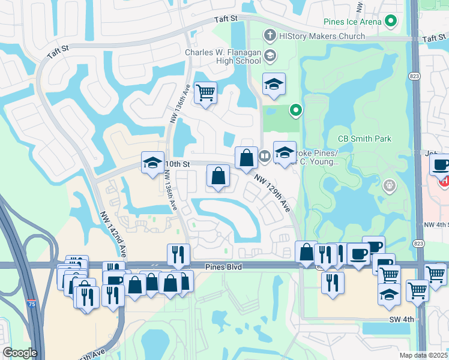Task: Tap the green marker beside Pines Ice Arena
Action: (x=391, y=22)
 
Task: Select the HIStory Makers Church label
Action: (x=322, y=36)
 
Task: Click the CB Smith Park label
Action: (x=364, y=139)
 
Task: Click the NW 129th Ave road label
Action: (x=273, y=193)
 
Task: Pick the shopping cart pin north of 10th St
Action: (x=205, y=93)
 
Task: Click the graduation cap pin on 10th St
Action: (x=153, y=162)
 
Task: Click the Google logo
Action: (x=19, y=353)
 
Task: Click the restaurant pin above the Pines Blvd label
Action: (x=178, y=254)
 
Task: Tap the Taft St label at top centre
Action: (x=228, y=20)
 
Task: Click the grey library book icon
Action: (x=264, y=157)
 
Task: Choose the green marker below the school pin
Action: (x=295, y=110)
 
